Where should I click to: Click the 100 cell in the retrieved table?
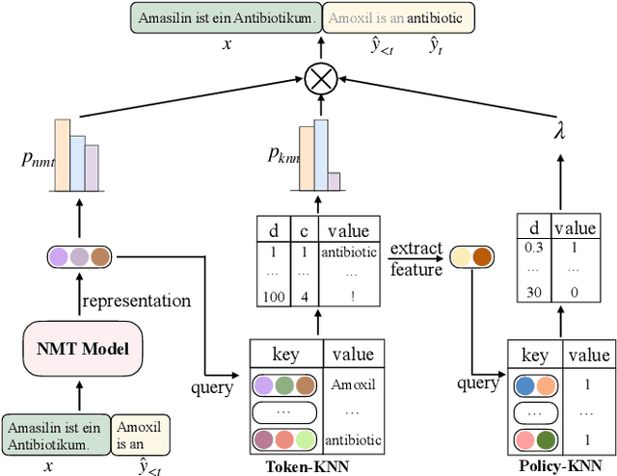point(273,298)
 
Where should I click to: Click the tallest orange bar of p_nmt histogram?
point(63,156)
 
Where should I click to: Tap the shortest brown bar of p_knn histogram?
point(333,182)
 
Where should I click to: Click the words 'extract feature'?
point(416,258)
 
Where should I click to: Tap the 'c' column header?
point(304,230)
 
